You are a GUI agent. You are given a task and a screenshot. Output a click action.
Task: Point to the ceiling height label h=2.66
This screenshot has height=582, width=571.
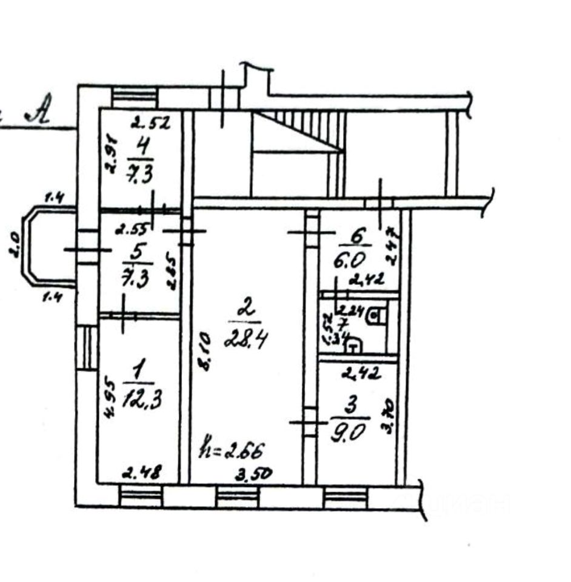pos(232,451)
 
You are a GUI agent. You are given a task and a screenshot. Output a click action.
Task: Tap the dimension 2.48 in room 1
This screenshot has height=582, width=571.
pos(141,473)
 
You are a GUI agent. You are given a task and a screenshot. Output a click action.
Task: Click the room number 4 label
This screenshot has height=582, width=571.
pos(141,147)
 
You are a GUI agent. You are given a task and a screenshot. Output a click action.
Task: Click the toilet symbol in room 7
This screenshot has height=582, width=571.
pos(375,316)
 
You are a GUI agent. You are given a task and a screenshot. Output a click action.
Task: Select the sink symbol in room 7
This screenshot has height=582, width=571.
pos(354,345)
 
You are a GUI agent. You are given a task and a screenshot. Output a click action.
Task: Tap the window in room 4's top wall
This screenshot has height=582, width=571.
pos(135,97)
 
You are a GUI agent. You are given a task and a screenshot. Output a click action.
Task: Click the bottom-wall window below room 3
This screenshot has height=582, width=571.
pos(346,498)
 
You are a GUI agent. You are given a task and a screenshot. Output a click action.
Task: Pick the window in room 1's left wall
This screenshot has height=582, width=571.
pos(88,349)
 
